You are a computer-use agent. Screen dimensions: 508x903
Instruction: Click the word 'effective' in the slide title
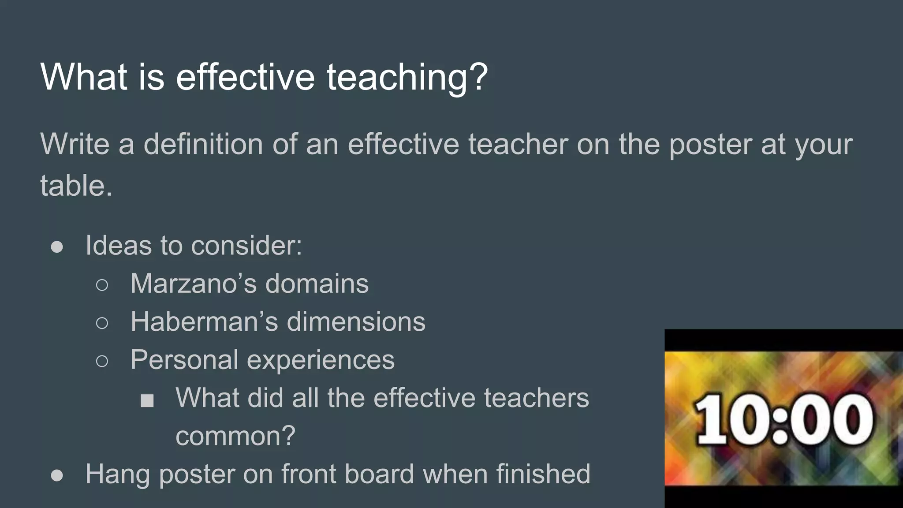tap(245, 77)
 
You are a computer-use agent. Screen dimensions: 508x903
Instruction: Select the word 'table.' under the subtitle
tap(76, 185)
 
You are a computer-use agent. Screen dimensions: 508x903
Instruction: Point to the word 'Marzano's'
tap(194, 284)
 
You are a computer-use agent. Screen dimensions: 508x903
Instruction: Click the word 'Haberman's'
tap(204, 321)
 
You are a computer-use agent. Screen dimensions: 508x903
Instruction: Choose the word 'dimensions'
tap(356, 321)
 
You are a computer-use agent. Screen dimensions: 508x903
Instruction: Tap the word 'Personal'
tap(184, 360)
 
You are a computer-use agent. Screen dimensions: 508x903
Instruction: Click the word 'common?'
tap(235, 437)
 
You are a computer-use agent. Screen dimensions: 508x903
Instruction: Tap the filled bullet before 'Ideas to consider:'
tap(57, 247)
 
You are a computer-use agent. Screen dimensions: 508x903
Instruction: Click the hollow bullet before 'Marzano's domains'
tap(102, 285)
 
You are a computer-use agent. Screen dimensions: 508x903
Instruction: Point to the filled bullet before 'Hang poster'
tap(57, 475)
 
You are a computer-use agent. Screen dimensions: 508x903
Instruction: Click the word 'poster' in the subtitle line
tap(710, 145)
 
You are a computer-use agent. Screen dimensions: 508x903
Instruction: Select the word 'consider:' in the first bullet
tap(253, 245)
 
